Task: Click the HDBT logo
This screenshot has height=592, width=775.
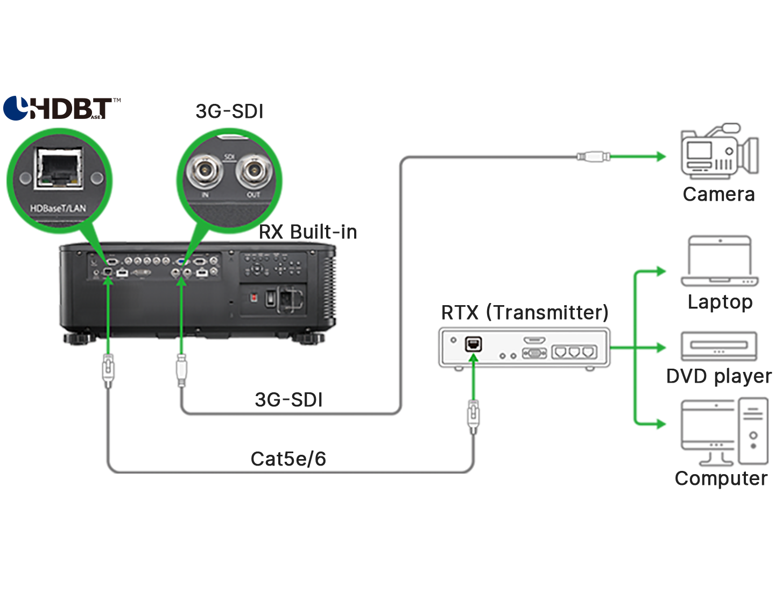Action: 61,108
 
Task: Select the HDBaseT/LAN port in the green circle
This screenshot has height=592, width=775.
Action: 59,169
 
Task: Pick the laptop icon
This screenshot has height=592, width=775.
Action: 720,262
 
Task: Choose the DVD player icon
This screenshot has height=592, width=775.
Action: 719,346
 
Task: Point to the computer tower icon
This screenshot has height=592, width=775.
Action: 753,431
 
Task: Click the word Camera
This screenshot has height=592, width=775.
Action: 718,194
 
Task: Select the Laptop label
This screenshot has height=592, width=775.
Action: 720,302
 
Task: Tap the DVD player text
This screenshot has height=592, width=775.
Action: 719,376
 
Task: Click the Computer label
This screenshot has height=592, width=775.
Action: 721,478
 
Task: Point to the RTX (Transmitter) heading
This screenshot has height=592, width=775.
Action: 525,313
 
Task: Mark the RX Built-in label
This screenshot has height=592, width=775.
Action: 308,232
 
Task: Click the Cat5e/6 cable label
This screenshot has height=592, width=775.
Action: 288,459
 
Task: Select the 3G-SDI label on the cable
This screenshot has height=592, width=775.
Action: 289,400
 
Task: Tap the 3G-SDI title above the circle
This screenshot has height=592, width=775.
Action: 230,111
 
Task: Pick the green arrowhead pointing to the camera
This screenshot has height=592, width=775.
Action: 660,157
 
